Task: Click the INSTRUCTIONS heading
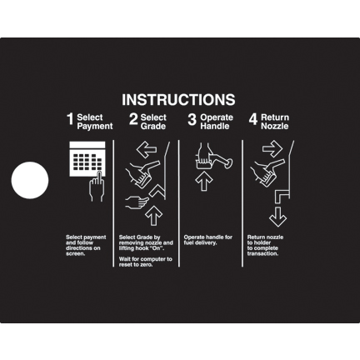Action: (x=178, y=99)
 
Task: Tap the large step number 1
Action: (x=70, y=119)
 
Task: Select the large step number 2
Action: (x=133, y=119)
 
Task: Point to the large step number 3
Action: (x=192, y=119)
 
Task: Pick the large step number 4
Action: (x=253, y=119)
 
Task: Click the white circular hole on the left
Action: (x=30, y=180)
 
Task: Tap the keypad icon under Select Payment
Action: (x=87, y=159)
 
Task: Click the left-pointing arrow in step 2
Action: (x=147, y=150)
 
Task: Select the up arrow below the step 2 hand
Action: (x=153, y=215)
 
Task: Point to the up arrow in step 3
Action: (x=204, y=181)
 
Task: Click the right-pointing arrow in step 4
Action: (x=272, y=149)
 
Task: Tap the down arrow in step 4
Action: (x=277, y=217)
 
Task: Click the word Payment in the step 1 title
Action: (x=95, y=127)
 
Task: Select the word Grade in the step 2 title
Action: (x=153, y=126)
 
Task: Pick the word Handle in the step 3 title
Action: (x=215, y=126)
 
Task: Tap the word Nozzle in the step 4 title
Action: (x=275, y=126)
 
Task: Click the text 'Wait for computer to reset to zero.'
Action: (x=146, y=262)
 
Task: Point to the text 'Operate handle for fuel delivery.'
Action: (x=208, y=240)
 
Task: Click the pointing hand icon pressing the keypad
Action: (x=97, y=187)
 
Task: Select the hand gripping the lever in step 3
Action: (x=204, y=153)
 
